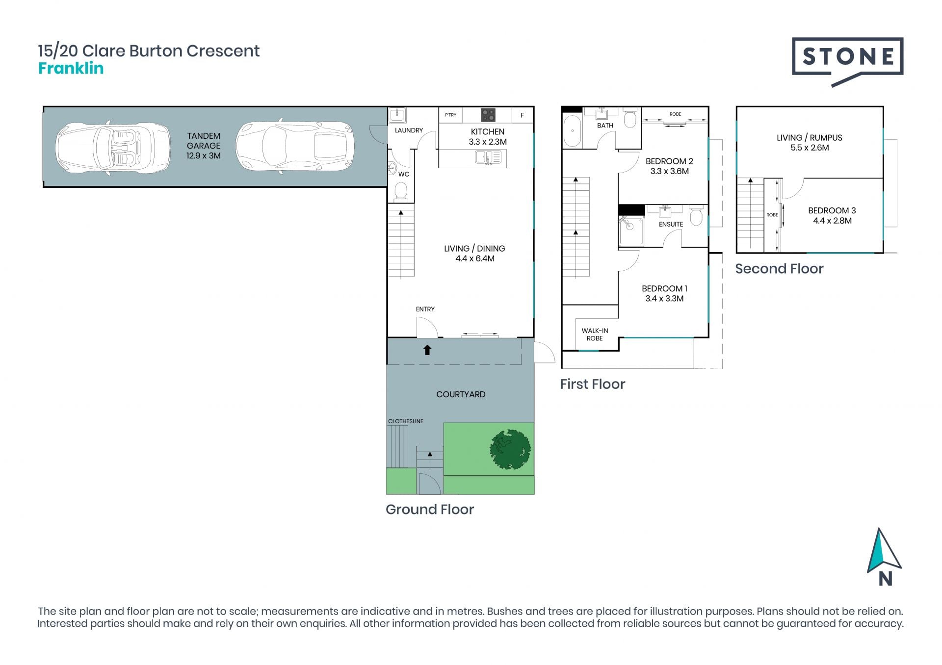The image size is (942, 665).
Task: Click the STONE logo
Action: (847, 62)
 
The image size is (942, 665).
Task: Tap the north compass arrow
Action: (884, 551)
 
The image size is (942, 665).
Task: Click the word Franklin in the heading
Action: (71, 68)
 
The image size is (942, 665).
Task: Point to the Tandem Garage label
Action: (204, 146)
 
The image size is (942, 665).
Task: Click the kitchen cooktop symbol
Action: (488, 115)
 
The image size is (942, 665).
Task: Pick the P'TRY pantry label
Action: (451, 115)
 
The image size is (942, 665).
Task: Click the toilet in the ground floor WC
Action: (401, 191)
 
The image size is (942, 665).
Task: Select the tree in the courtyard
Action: (510, 449)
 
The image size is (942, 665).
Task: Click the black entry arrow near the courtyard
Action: (427, 350)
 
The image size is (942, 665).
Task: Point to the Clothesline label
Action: (406, 421)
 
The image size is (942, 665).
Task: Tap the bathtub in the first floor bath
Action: (572, 131)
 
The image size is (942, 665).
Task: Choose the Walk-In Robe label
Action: (595, 334)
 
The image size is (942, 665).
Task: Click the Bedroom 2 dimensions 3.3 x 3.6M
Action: (669, 171)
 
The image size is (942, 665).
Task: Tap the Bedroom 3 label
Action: (832, 210)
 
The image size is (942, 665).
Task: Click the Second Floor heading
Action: (779, 269)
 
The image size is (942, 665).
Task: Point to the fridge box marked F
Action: (522, 115)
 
